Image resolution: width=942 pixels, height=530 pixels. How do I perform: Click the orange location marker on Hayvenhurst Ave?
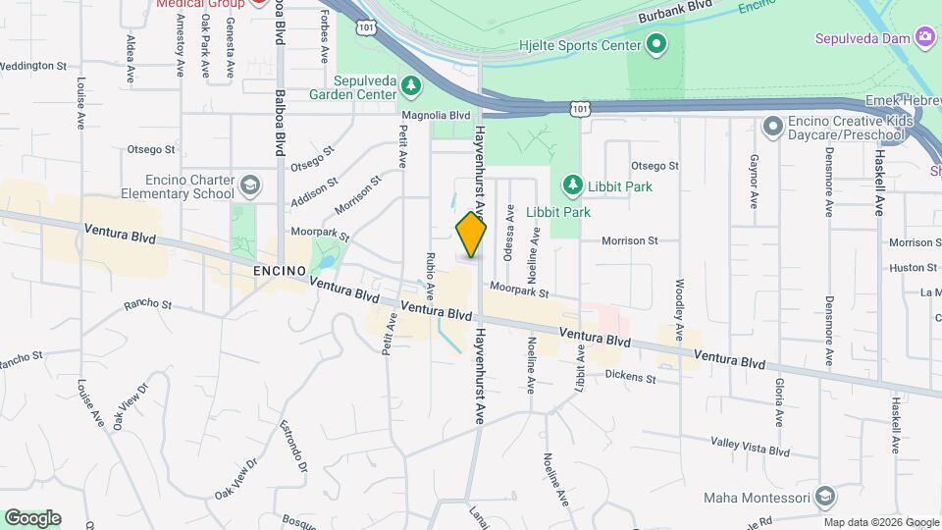471,235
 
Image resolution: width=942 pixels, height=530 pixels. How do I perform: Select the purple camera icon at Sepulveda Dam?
924,37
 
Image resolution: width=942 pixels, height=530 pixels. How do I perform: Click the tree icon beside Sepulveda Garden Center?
412,88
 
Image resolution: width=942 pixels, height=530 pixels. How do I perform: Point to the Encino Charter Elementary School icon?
250,185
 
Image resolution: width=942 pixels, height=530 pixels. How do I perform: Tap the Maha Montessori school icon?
824,498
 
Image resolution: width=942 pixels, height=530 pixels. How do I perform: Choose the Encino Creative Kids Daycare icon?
772,127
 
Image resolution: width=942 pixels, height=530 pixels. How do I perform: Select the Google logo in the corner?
32,518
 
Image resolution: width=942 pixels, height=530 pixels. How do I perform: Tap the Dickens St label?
630,376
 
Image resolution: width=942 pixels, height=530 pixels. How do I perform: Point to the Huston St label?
914,267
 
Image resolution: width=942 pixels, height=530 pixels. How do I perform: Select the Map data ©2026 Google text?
882,522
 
